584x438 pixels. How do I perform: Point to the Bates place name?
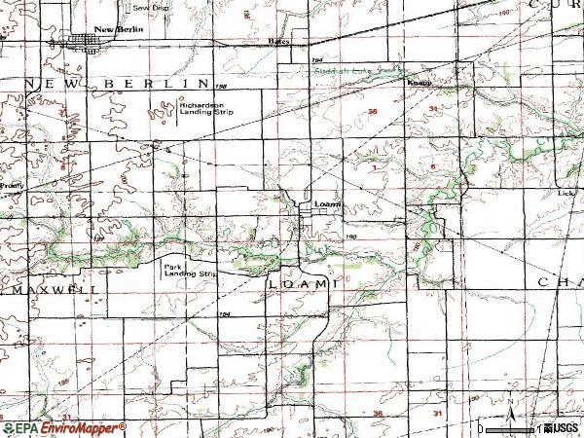[x=279, y=42]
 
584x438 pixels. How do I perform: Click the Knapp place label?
[x=418, y=83]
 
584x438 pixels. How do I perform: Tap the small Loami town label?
[x=326, y=203]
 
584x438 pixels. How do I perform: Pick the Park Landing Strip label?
[x=187, y=271]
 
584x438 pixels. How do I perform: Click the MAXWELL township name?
[x=52, y=289]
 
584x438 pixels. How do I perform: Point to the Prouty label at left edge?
[x=11, y=183]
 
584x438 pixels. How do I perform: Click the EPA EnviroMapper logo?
[x=64, y=428]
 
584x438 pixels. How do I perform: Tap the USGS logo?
[x=564, y=427]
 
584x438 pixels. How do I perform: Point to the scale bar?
[x=512, y=427]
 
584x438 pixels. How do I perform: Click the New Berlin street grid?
[x=82, y=42]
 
